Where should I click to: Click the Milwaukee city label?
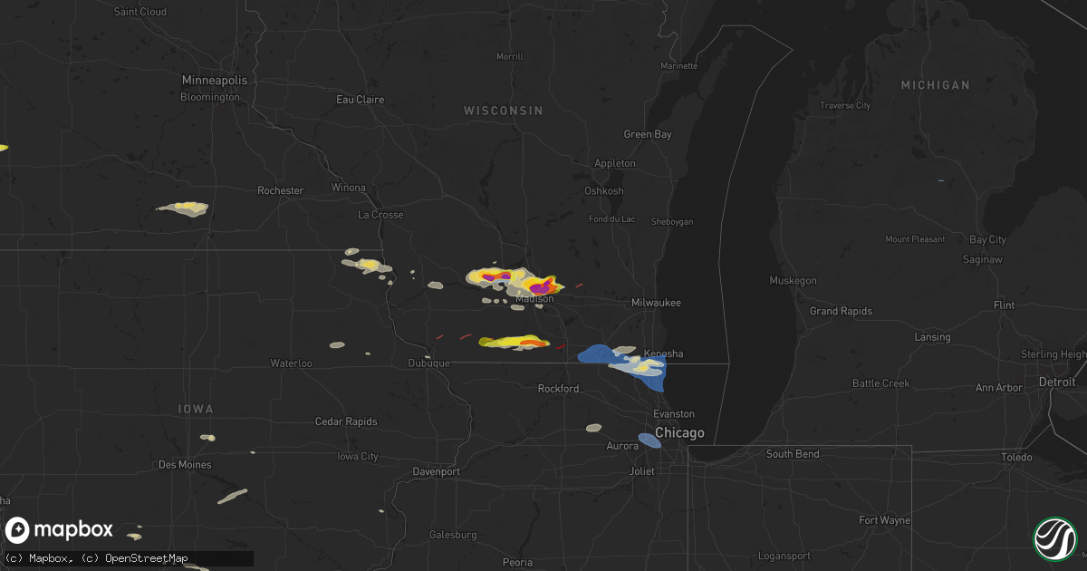[656, 303]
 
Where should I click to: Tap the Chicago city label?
[679, 433]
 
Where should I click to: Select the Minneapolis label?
[214, 80]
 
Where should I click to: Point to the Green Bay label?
[648, 134]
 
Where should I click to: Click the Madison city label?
[534, 299]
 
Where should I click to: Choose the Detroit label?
[1057, 382]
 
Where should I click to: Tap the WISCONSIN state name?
[503, 111]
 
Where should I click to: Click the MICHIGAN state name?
[935, 85]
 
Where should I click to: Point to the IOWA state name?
[196, 410]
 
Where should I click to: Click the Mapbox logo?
[60, 530]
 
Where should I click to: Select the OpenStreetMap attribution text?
[146, 558]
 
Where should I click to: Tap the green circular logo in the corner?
[1055, 538]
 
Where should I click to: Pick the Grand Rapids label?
[841, 312]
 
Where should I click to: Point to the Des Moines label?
[184, 465]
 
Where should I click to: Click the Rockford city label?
[558, 389]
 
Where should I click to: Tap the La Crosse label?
[380, 216]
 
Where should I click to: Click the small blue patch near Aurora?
[649, 440]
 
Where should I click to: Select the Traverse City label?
[844, 106]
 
